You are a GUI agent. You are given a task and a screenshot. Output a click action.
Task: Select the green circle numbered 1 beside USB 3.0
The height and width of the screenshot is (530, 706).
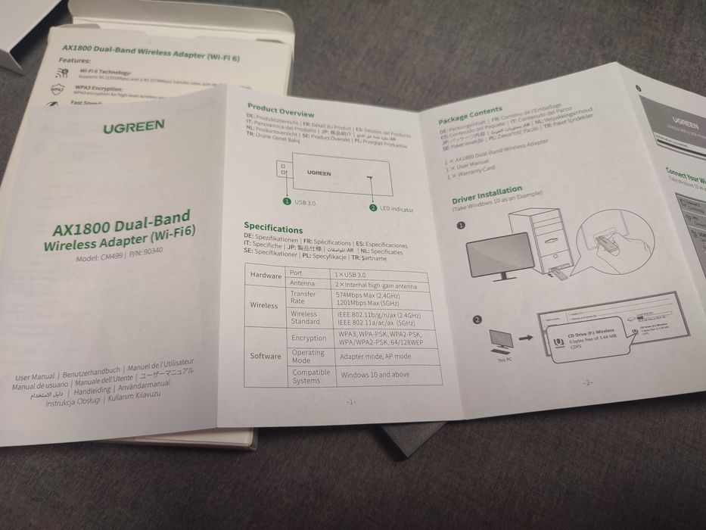coord(287,201)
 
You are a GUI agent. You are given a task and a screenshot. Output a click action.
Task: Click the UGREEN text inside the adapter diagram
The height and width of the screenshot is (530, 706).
coord(319,173)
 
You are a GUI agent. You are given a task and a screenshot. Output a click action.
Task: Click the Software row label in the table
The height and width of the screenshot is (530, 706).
coord(266,356)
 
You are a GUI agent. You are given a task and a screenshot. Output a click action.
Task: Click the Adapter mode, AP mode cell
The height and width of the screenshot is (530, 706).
coord(375,355)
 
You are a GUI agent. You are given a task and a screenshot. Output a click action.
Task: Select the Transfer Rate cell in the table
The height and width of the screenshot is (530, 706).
coord(303,298)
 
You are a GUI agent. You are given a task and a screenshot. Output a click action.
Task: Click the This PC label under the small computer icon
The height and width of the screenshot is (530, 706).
coord(505,360)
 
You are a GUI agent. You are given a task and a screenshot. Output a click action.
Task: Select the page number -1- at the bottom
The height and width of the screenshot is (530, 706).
coord(350,401)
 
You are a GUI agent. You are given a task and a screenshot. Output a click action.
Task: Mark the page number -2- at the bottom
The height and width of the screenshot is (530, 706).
coord(586,382)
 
